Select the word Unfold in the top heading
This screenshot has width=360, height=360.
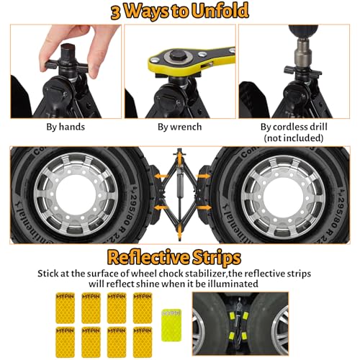[x=220, y=12]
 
